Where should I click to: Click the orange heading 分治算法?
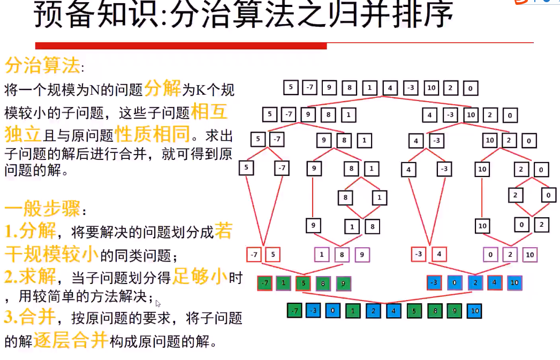point(42,66)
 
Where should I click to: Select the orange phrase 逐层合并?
point(71,341)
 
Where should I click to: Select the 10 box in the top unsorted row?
point(432,88)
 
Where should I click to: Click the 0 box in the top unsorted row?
point(470,88)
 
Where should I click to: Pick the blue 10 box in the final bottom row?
point(474,310)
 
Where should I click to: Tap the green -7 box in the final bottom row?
point(294,310)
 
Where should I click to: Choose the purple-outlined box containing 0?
point(491,255)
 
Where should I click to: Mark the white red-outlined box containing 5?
point(273,255)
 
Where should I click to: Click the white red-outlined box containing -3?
point(419,255)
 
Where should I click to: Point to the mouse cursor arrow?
point(158,303)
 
